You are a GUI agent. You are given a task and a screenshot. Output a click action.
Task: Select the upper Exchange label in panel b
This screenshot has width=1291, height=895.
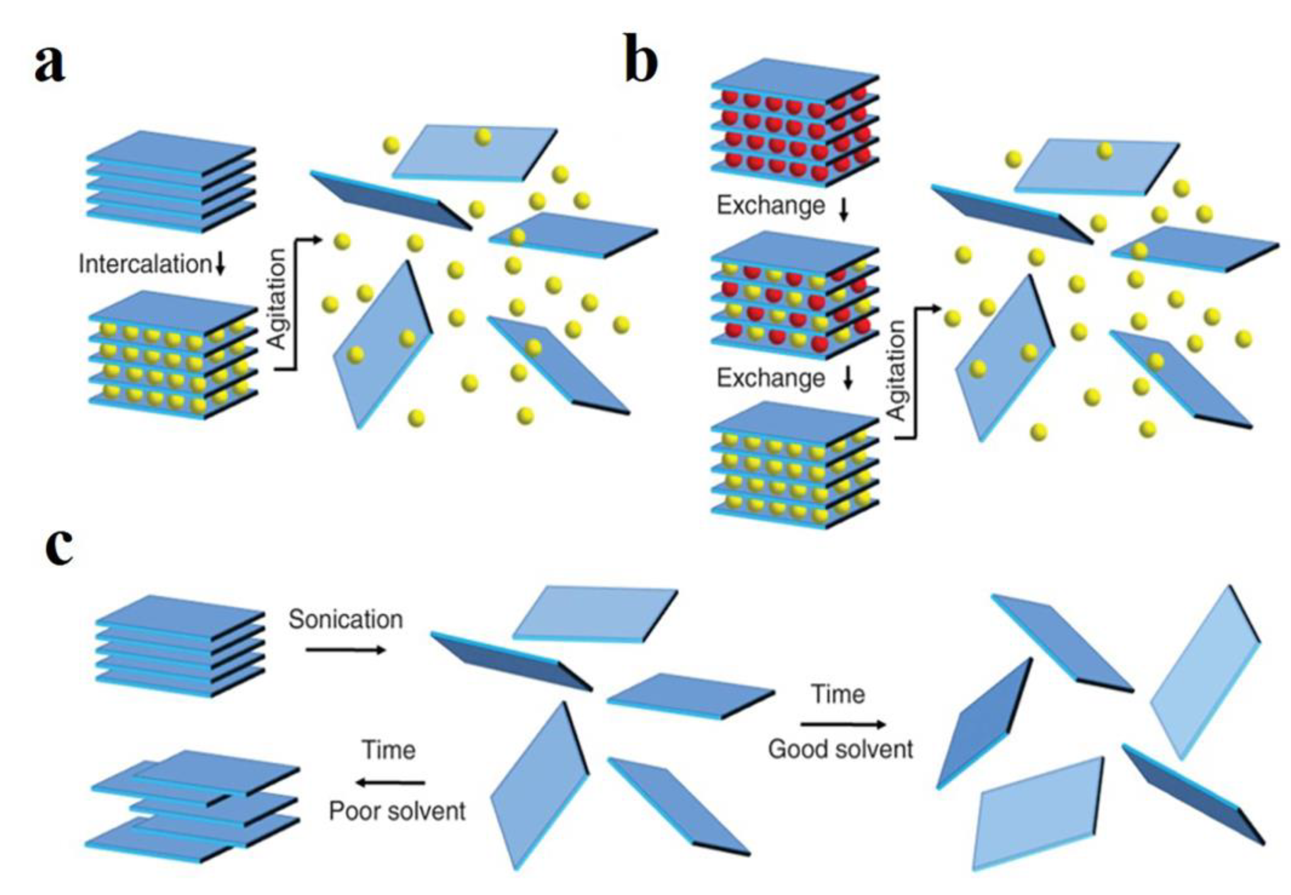[770, 205]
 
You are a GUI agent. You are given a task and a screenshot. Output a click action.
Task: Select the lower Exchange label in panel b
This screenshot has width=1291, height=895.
[770, 378]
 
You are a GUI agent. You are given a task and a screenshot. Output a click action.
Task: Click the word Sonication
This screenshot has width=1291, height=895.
[345, 619]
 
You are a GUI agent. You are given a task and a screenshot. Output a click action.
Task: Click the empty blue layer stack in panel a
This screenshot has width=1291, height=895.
[171, 182]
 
